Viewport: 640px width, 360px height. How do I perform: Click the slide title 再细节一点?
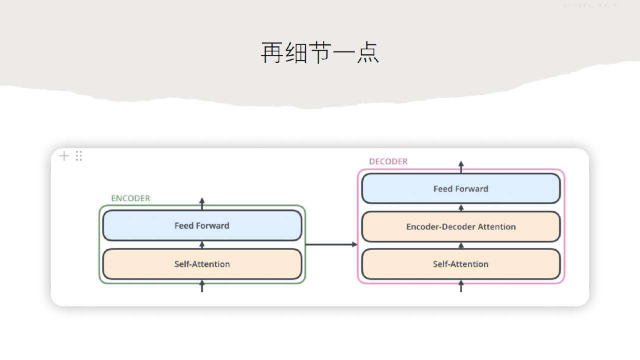pyautogui.click(x=319, y=52)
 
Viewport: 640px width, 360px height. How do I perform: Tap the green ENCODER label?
pyautogui.click(x=131, y=198)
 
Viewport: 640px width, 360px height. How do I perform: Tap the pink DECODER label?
pyautogui.click(x=388, y=161)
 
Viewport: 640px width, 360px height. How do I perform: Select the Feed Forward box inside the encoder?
pyautogui.click(x=202, y=226)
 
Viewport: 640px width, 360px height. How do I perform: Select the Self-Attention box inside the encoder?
pyautogui.click(x=202, y=264)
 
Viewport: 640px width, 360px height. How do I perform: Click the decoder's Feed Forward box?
pyautogui.click(x=461, y=189)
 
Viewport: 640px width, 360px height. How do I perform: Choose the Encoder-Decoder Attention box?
pyautogui.click(x=461, y=227)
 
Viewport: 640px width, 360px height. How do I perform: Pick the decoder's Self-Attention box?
pyautogui.click(x=461, y=264)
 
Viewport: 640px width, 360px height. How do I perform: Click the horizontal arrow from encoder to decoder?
pyautogui.click(x=331, y=244)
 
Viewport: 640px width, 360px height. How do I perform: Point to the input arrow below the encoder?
pyautogui.click(x=202, y=287)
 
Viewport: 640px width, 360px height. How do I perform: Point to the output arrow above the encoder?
pyautogui.click(x=202, y=202)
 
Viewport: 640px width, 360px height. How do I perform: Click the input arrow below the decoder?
pyautogui.click(x=461, y=286)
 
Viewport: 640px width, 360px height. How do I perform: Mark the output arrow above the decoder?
pyautogui.click(x=461, y=166)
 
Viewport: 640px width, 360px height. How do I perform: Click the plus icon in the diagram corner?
pyautogui.click(x=64, y=156)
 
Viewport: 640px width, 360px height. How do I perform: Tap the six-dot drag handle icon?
pyautogui.click(x=79, y=156)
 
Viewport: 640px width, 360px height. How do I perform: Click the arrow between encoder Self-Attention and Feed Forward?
pyautogui.click(x=202, y=244)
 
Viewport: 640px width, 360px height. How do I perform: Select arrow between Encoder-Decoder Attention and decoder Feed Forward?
pyautogui.click(x=461, y=207)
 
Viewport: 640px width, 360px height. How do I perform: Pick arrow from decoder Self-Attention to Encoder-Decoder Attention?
pyautogui.click(x=461, y=246)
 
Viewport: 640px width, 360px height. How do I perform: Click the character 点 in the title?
pyautogui.click(x=367, y=52)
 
